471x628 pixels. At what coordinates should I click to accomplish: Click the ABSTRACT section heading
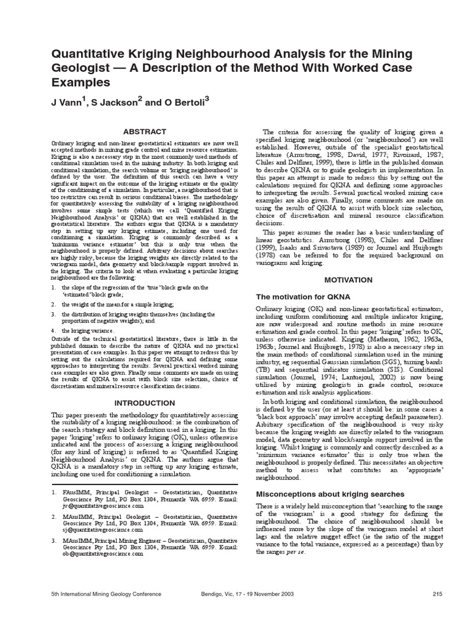tap(145, 131)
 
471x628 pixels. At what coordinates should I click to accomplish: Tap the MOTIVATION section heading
tap(348, 280)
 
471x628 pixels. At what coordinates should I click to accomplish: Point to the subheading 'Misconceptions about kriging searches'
tap(329, 494)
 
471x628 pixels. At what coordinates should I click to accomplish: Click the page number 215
tap(437, 594)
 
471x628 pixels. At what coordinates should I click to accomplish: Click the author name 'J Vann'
tap(65, 104)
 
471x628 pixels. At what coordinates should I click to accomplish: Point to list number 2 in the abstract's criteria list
tap(53, 304)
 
